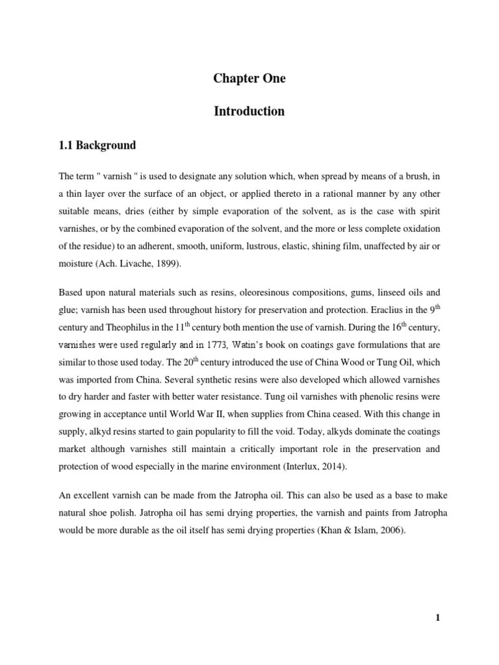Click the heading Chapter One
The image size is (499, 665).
click(249, 79)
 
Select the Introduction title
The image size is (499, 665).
click(249, 111)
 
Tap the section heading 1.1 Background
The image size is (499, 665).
click(97, 145)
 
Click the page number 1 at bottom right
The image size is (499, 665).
click(438, 618)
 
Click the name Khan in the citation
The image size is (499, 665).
click(329, 530)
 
